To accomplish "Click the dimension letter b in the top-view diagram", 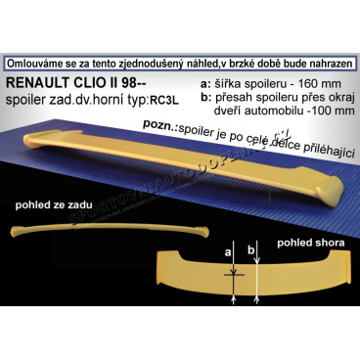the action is point(251,280).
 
